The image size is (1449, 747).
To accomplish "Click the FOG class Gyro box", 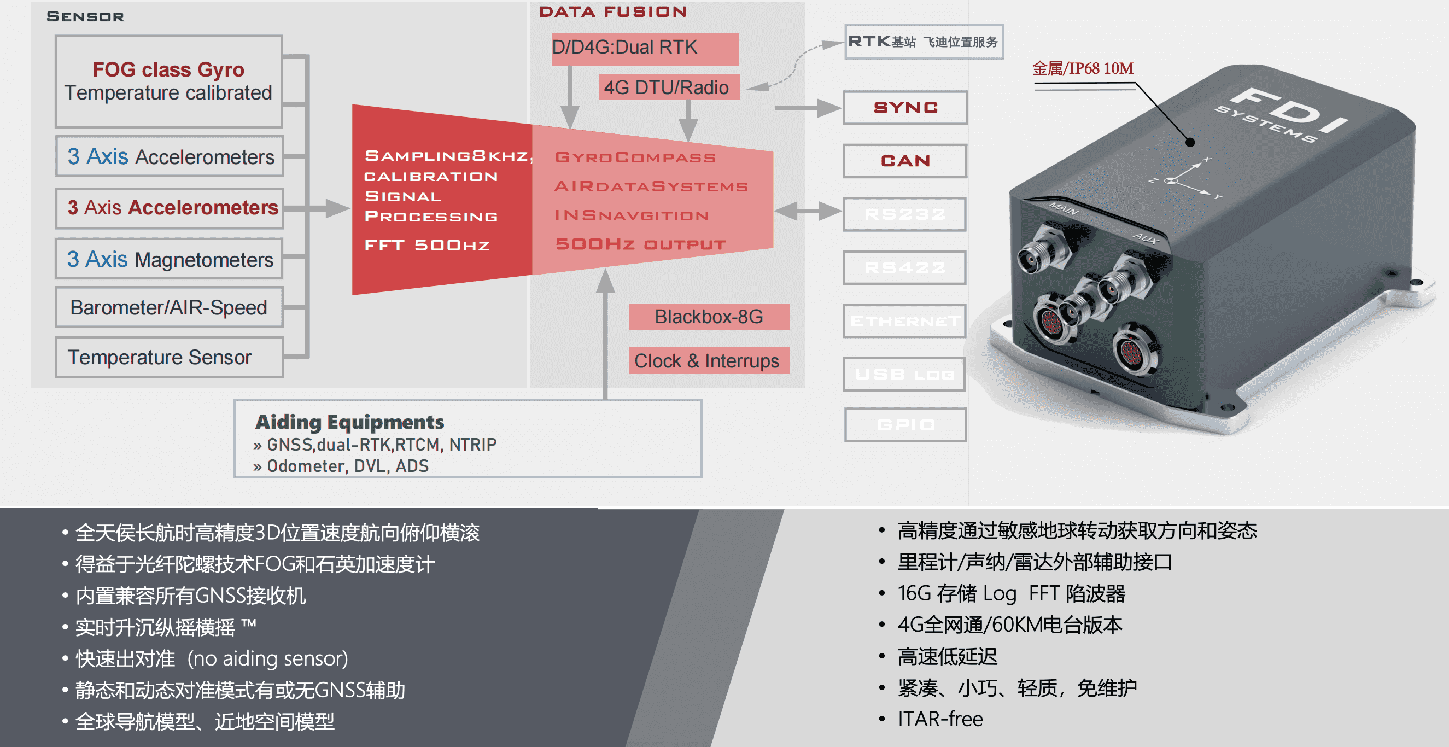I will (x=169, y=81).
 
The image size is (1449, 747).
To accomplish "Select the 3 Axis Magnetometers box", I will (x=170, y=259).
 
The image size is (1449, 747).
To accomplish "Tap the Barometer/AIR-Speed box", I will (x=169, y=308).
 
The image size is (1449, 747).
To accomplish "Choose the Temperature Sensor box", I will (x=169, y=357).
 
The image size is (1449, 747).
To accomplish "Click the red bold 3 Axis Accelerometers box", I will (x=170, y=208).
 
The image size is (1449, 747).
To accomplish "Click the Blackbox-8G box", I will (x=708, y=317).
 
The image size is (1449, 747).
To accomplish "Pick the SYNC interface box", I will (x=905, y=107).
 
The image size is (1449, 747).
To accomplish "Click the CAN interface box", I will (x=905, y=161).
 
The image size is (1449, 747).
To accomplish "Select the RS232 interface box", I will (x=905, y=214).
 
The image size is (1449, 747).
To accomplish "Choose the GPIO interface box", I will (x=905, y=425).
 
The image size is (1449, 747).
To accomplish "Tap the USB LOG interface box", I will (x=905, y=374).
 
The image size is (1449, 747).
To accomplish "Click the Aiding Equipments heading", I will (x=349, y=422).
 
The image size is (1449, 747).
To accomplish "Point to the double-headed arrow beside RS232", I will (x=808, y=211).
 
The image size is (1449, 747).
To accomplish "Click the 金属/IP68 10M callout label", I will (x=1082, y=68).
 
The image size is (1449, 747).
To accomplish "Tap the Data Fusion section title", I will (x=612, y=12).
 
